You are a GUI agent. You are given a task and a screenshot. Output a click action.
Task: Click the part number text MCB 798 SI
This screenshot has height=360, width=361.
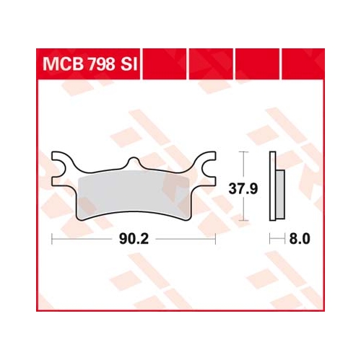click(x=90, y=64)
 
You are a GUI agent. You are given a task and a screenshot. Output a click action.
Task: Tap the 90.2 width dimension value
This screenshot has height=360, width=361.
click(x=134, y=239)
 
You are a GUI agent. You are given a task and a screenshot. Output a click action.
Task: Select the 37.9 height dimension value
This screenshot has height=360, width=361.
click(x=243, y=188)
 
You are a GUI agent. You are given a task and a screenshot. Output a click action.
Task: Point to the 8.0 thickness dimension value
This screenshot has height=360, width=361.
click(x=300, y=239)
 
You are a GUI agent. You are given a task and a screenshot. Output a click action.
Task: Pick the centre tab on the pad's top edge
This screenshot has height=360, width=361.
click(x=134, y=163)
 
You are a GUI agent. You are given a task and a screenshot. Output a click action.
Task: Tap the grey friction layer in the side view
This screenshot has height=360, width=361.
click(x=280, y=194)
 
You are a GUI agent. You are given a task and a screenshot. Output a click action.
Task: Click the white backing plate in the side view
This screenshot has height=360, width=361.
click(x=273, y=186)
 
